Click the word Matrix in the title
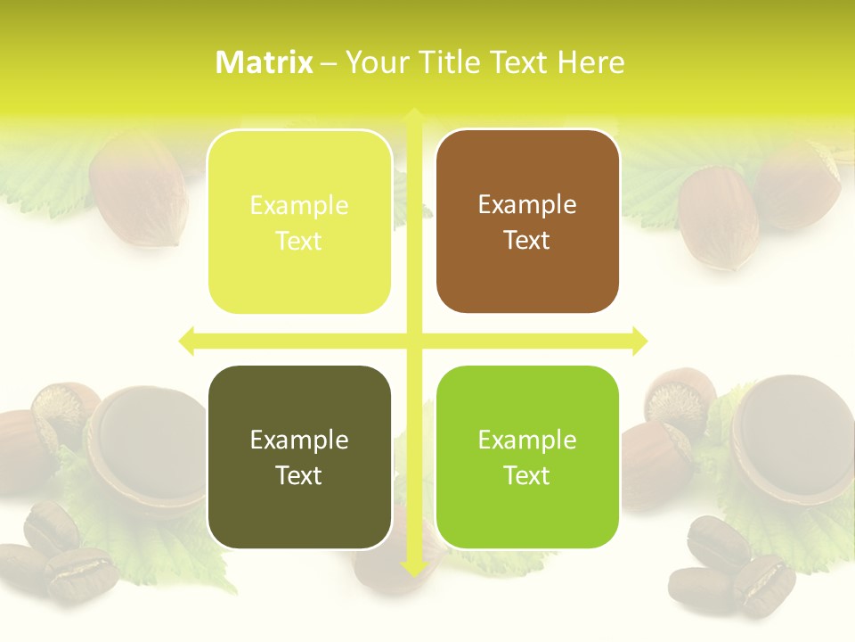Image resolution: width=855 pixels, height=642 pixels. (x=265, y=62)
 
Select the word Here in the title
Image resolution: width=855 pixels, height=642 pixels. (x=590, y=62)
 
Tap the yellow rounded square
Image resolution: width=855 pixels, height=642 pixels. (x=299, y=221)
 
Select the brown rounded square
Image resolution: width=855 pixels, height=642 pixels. (x=527, y=221)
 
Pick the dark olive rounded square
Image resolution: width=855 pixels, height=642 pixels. (x=299, y=457)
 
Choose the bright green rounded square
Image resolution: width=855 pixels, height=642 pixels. (x=527, y=457)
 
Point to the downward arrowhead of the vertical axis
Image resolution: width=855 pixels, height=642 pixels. (x=413, y=567)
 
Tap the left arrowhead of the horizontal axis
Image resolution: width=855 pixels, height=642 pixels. (x=186, y=341)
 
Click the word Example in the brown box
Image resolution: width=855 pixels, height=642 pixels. (x=527, y=204)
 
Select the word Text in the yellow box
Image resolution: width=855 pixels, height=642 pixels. (x=299, y=241)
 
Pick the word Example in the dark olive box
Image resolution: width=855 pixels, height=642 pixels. (x=299, y=440)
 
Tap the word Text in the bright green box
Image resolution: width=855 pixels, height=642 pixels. (x=527, y=476)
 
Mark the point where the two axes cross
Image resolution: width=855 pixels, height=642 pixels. (x=413, y=341)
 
